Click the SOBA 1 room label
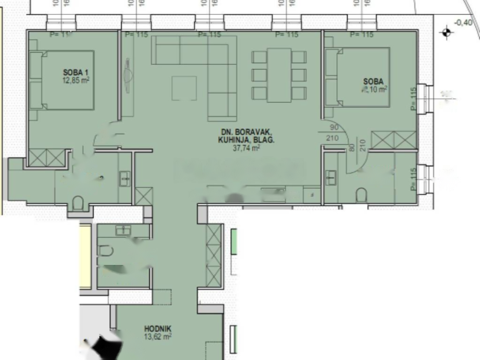(75, 72)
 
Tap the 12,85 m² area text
(75, 80)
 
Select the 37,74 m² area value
(246, 148)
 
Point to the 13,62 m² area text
(157, 336)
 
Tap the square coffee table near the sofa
(184, 88)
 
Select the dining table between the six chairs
(279, 75)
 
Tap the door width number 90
(334, 127)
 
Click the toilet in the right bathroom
(361, 195)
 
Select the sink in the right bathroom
(331, 177)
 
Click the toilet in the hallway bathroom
(105, 251)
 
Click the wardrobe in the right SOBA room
(394, 140)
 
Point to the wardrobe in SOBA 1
(46, 157)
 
